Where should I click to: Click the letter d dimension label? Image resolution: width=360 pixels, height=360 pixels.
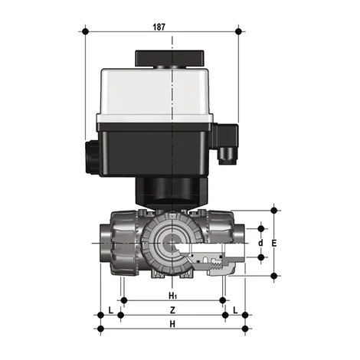(x=260, y=243)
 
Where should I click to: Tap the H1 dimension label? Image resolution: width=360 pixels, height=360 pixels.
(x=172, y=295)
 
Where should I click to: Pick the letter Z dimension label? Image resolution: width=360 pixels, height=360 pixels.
(x=172, y=309)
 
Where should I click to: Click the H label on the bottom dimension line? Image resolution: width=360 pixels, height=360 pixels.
(x=172, y=325)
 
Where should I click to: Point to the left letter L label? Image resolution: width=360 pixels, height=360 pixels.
(x=111, y=309)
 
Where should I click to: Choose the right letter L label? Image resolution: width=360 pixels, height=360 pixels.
(x=235, y=309)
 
